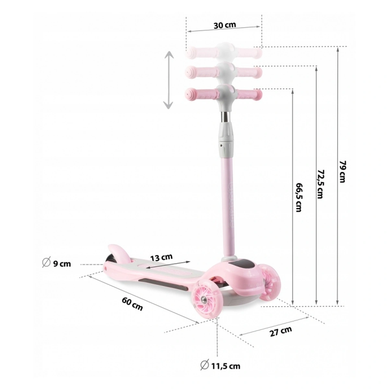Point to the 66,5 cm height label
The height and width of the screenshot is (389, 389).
click(299, 198)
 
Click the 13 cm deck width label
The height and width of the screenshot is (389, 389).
click(161, 257)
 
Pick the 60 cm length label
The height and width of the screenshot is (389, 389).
click(132, 304)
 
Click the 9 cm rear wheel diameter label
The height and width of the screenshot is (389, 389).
click(61, 264)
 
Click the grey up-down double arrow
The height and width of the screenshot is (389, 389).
click(168, 81)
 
